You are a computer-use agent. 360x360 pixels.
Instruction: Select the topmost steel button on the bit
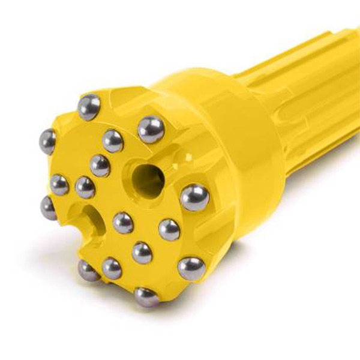[89, 107]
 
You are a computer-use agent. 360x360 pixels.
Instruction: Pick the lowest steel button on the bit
[146, 296]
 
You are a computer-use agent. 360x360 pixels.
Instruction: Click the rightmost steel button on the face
[194, 197]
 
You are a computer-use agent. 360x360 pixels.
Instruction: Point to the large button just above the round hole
[151, 129]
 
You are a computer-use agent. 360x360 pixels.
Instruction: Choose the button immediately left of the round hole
[100, 165]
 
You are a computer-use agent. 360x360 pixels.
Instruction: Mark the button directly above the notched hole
[85, 187]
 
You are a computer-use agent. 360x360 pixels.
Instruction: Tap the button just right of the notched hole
[123, 223]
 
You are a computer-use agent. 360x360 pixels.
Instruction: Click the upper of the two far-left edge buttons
[47, 142]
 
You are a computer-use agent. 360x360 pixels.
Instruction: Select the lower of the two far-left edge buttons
[49, 208]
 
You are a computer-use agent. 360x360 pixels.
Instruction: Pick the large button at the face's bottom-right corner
[191, 268]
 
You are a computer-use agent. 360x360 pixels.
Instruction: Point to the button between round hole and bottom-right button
[169, 229]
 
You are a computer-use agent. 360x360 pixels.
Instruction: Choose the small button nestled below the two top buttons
[113, 141]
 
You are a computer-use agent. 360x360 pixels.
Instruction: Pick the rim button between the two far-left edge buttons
[59, 185]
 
